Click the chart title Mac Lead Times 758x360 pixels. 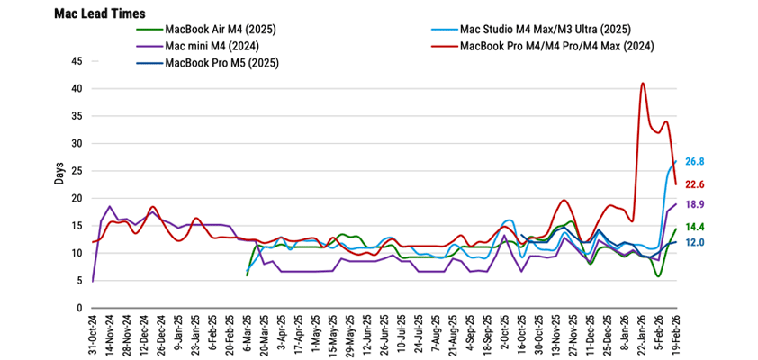(100, 13)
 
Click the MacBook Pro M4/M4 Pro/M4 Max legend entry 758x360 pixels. (556, 46)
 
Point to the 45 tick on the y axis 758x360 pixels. (77, 61)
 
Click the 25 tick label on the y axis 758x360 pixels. (77, 171)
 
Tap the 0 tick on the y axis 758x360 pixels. (79, 308)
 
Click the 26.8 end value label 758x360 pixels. (693, 161)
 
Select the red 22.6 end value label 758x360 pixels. (693, 184)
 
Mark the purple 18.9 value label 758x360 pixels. (693, 205)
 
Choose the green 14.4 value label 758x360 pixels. (693, 228)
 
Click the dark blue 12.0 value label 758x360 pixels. (693, 242)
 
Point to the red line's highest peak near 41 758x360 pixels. (643, 84)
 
